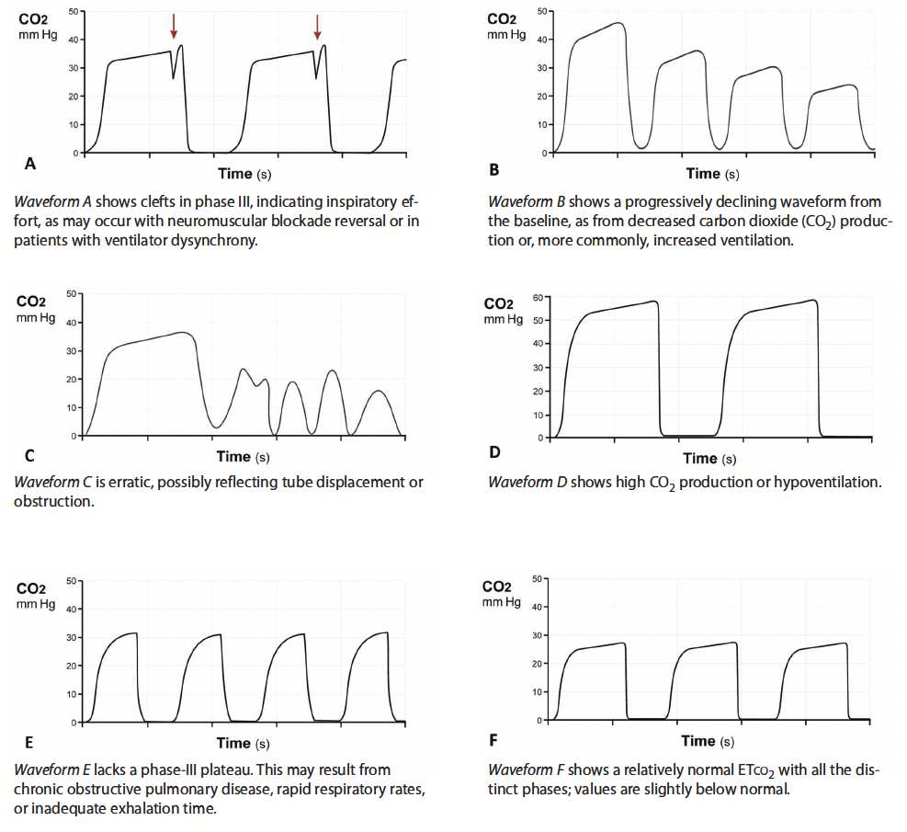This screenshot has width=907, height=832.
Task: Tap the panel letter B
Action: click(494, 169)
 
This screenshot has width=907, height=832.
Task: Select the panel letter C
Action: click(30, 453)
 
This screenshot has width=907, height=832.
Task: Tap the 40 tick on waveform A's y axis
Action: click(73, 40)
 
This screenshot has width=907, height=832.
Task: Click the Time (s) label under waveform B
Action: click(712, 174)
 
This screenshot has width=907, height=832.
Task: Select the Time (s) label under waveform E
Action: click(244, 743)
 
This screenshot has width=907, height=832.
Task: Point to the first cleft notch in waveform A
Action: click(174, 77)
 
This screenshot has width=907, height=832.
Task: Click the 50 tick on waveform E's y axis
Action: click(73, 581)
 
